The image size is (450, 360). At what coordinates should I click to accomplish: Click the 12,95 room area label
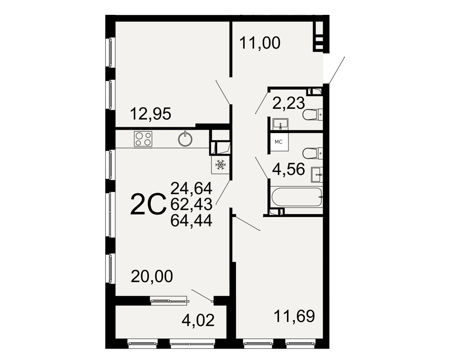click(151, 113)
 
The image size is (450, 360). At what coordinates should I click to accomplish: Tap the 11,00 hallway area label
click(260, 43)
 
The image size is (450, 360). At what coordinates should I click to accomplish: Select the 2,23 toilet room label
click(288, 103)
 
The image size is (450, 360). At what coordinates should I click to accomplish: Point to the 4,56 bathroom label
click(288, 169)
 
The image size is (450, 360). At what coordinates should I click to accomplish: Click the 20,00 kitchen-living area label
click(152, 276)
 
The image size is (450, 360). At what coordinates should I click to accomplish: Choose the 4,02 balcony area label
click(198, 320)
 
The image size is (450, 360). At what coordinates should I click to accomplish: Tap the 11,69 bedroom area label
click(294, 316)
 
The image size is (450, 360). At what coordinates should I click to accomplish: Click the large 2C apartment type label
click(148, 204)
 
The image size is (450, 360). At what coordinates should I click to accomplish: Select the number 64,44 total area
click(191, 220)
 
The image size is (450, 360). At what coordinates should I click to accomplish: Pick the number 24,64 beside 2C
click(191, 189)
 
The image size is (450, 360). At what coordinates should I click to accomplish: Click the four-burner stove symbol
click(143, 139)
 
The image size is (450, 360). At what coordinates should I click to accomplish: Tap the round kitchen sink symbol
click(185, 139)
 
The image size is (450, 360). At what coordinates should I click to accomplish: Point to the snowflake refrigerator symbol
click(220, 165)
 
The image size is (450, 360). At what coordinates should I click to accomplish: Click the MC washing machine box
click(279, 142)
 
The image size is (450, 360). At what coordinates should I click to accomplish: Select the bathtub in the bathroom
click(297, 197)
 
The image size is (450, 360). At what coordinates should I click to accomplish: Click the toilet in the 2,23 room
click(313, 114)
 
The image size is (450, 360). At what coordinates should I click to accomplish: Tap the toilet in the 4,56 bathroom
click(313, 153)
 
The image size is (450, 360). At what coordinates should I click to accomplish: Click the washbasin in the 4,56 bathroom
click(317, 175)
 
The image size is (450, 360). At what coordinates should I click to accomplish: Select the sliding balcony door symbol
click(170, 301)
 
